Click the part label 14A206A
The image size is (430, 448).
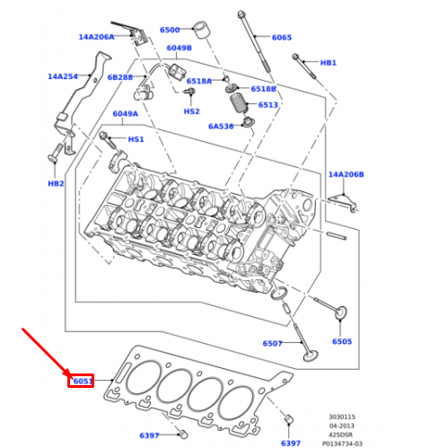click(x=96, y=37)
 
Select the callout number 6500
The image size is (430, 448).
click(x=170, y=30)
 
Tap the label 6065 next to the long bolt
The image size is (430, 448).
click(x=282, y=37)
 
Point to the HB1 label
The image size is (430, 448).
click(x=329, y=63)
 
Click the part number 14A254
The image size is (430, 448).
click(x=63, y=76)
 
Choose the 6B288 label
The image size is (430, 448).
click(x=119, y=77)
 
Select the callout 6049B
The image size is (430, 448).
click(x=179, y=48)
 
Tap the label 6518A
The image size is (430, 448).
click(x=199, y=81)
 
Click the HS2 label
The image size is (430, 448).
click(x=191, y=111)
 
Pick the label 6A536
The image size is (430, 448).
click(x=221, y=127)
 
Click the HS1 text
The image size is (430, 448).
click(x=136, y=139)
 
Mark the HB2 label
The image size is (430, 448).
click(x=56, y=183)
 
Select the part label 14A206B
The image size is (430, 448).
click(x=346, y=174)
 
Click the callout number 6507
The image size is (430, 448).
click(x=273, y=343)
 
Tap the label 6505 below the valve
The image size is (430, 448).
click(x=342, y=341)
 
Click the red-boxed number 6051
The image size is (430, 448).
click(x=83, y=381)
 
